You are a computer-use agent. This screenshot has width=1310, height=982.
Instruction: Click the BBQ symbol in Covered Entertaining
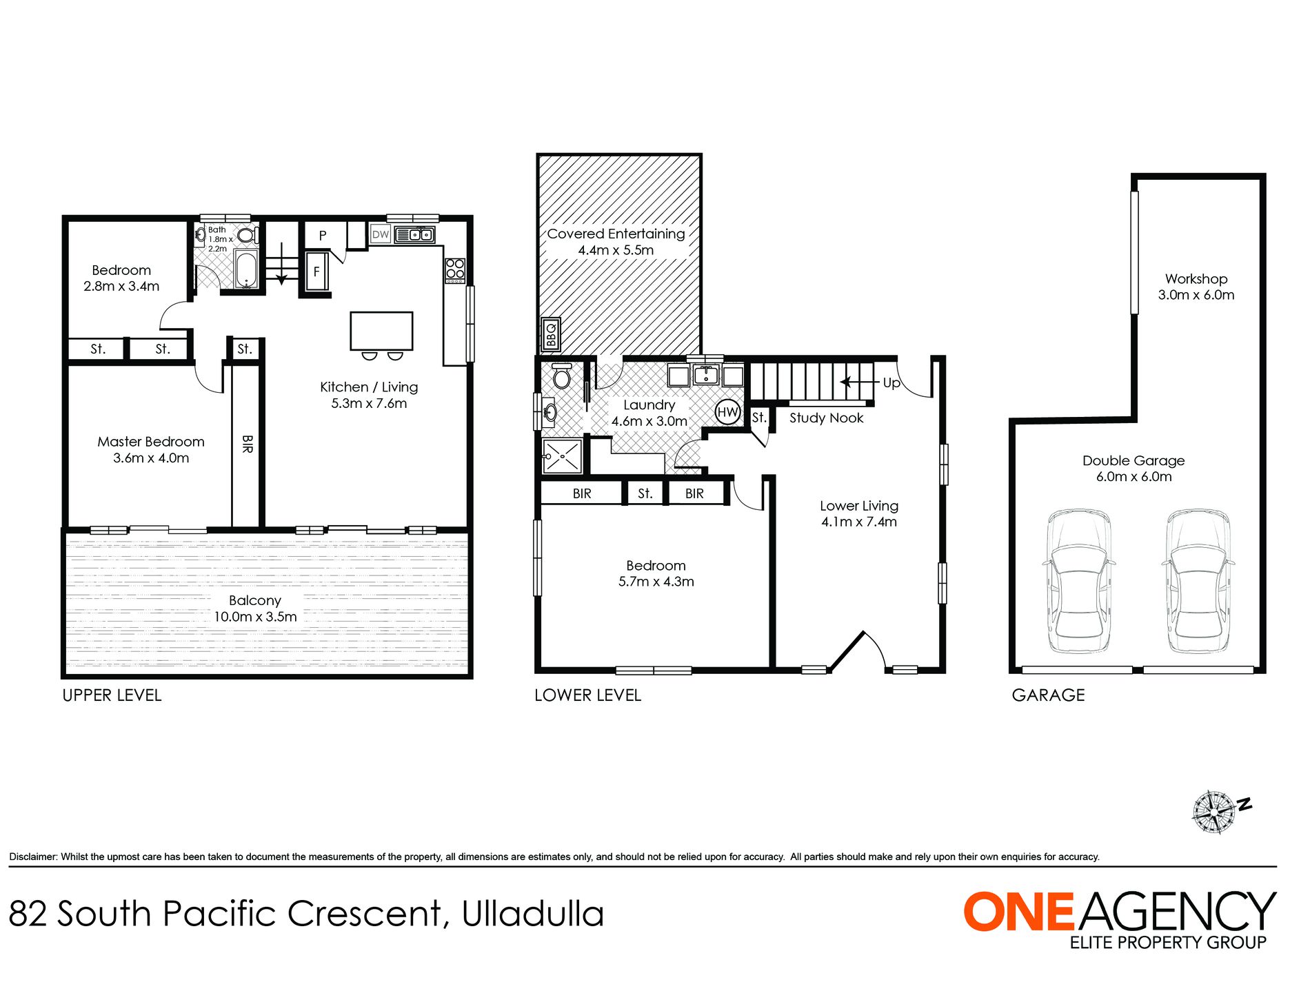(550, 335)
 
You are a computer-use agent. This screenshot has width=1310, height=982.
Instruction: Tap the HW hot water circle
(727, 412)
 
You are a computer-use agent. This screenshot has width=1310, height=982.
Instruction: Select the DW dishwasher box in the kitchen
(381, 234)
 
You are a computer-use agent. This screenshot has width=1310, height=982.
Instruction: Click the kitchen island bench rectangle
(381, 331)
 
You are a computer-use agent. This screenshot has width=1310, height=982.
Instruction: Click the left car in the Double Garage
(1078, 581)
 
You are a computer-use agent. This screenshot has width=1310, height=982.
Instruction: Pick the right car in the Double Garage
(1197, 581)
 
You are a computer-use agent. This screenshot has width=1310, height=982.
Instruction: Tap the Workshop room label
(1196, 279)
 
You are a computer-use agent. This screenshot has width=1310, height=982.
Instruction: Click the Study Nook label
(826, 418)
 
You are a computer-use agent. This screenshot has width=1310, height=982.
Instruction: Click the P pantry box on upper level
(323, 236)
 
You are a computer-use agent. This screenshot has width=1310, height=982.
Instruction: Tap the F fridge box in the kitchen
(316, 272)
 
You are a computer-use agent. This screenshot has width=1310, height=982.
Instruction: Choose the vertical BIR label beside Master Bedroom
(247, 443)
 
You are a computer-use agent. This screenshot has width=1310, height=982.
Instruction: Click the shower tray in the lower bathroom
(563, 456)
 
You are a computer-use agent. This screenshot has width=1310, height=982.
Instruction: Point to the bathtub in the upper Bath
(246, 269)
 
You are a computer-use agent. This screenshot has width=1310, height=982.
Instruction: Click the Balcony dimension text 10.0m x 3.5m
(255, 617)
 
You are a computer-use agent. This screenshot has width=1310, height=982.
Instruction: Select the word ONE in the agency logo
(1018, 912)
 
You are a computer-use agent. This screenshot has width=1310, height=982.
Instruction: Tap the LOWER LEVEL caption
(587, 695)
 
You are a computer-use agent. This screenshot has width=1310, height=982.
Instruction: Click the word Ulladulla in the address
(532, 914)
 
